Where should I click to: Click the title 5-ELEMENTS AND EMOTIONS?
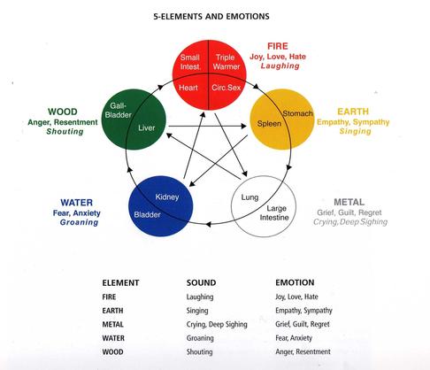tap(211, 16)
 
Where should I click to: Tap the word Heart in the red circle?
tap(188, 88)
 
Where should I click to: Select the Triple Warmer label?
tap(227, 62)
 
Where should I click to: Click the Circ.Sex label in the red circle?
tap(227, 88)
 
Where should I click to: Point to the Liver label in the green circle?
tap(147, 127)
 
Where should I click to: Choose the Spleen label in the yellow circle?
tap(269, 123)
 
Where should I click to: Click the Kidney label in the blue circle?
tap(167, 197)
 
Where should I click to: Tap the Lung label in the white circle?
tap(250, 197)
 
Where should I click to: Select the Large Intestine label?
tap(274, 213)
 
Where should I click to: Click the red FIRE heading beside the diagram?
tap(278, 46)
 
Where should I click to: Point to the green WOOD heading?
tap(63, 112)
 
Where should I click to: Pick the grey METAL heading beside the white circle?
tap(349, 202)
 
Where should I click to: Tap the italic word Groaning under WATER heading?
tap(79, 222)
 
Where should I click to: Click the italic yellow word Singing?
tap(355, 131)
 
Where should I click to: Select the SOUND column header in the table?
tap(201, 282)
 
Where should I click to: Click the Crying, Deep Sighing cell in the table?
tap(217, 325)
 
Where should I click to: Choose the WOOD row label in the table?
tap(112, 352)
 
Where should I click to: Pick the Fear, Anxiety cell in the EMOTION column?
tap(294, 338)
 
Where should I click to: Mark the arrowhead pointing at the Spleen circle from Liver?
tap(243, 126)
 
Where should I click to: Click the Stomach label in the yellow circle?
tap(297, 113)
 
